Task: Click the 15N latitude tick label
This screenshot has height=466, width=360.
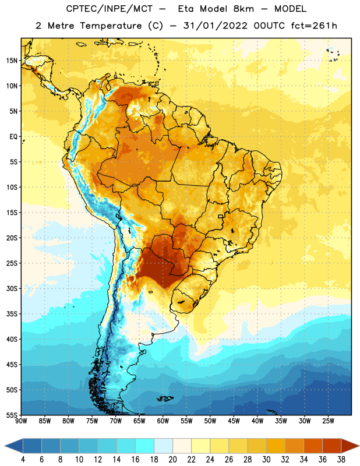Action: (12, 61)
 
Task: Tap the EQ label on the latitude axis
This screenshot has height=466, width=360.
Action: (13, 137)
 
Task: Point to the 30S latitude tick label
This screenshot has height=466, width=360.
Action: (12, 289)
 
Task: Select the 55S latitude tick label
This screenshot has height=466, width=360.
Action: (12, 415)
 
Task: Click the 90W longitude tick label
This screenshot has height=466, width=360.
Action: (21, 421)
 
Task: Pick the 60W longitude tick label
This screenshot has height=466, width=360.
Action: (163, 421)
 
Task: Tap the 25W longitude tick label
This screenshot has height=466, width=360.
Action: (328, 421)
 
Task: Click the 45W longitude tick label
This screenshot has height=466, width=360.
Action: (234, 421)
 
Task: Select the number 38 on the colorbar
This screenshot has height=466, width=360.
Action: (341, 460)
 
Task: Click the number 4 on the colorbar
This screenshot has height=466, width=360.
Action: (23, 460)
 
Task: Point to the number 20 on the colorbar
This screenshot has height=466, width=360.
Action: (172, 460)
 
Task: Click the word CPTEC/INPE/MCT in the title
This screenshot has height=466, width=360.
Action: (110, 9)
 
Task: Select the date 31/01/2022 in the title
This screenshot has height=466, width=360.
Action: (215, 26)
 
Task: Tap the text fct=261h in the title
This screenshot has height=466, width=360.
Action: (314, 26)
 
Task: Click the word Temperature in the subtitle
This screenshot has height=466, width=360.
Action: (111, 26)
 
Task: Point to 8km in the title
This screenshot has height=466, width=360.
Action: (243, 9)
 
